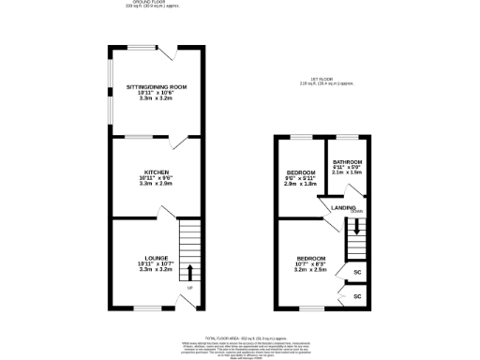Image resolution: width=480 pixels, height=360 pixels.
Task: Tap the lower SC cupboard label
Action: click(x=357, y=296)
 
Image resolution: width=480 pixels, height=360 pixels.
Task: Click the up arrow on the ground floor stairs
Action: click(x=190, y=272)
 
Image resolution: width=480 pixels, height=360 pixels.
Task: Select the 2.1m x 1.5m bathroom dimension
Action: click(x=347, y=173)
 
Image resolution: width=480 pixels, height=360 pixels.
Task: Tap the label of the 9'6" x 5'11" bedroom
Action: click(x=300, y=172)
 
